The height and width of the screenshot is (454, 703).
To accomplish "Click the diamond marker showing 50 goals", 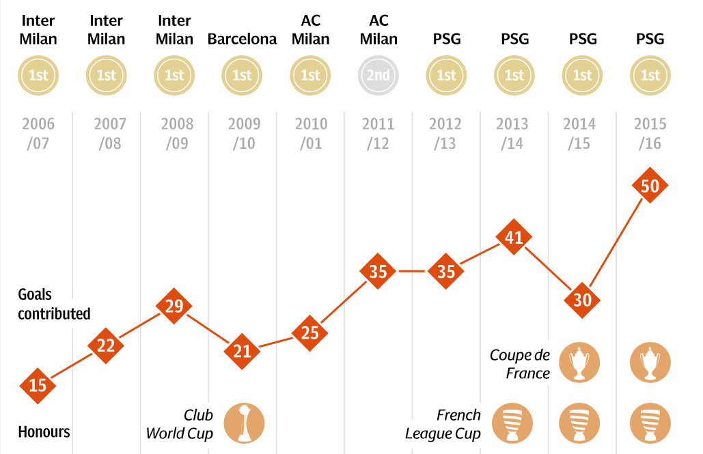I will (x=650, y=186).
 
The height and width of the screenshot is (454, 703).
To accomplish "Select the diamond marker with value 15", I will (x=38, y=385).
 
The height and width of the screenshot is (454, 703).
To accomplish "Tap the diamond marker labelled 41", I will (x=514, y=237).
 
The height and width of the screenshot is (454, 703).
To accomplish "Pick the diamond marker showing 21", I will (x=242, y=351).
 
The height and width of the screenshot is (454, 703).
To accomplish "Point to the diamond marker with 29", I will (x=174, y=305).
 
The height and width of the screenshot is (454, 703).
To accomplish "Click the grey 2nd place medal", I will (x=378, y=75).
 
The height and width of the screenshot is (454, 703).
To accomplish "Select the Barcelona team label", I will (x=242, y=39).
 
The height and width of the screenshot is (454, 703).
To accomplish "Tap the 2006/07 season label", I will (x=38, y=134).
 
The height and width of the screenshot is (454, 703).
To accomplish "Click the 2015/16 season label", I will (x=650, y=134).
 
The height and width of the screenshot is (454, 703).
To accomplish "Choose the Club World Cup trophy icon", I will (x=243, y=423).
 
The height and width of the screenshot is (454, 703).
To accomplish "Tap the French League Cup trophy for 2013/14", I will (x=514, y=423).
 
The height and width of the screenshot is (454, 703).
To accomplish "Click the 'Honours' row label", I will (x=44, y=432).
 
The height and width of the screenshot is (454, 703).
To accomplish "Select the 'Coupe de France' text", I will (x=520, y=364).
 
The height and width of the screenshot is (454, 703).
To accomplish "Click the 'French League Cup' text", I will (x=443, y=424).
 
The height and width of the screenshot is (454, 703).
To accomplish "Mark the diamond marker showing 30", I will (x=582, y=299).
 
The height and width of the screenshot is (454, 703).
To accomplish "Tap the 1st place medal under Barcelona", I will (x=242, y=75).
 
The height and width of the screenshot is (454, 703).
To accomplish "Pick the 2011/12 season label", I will (x=378, y=134).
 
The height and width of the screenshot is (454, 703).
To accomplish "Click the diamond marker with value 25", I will (x=309, y=332).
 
